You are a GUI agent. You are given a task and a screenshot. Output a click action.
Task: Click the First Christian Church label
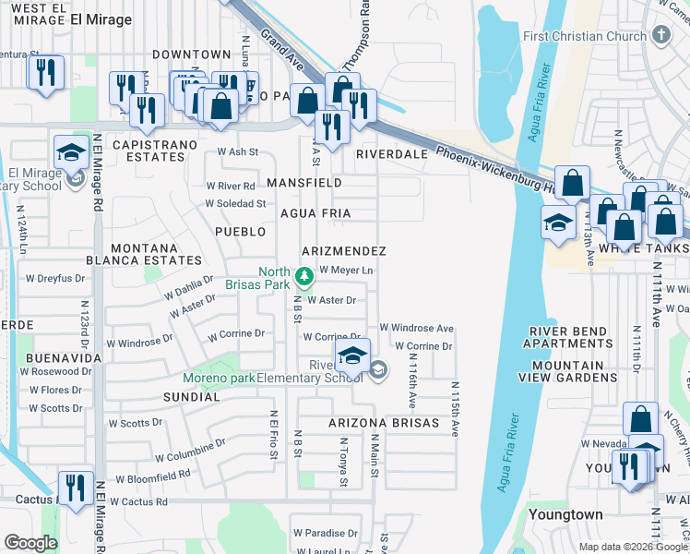click(x=586, y=36)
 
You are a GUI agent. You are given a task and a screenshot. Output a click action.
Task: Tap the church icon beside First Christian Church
click(x=660, y=36)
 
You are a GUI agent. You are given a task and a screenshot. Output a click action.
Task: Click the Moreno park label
click(x=218, y=378)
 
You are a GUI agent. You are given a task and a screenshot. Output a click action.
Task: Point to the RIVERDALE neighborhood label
click(x=392, y=154)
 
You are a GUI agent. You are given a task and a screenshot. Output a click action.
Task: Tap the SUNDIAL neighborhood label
click(x=192, y=397)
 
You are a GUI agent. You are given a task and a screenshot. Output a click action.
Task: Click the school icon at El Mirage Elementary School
click(x=71, y=152)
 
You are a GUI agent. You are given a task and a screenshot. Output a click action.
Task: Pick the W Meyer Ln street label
click(x=346, y=270)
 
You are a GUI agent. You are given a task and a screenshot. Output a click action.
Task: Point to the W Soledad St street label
click(x=235, y=203)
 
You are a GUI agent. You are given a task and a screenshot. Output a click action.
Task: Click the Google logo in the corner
click(x=31, y=543)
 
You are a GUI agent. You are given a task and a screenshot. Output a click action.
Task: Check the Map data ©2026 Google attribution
click(x=633, y=546)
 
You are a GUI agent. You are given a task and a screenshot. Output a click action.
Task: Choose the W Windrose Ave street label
click(x=417, y=328)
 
